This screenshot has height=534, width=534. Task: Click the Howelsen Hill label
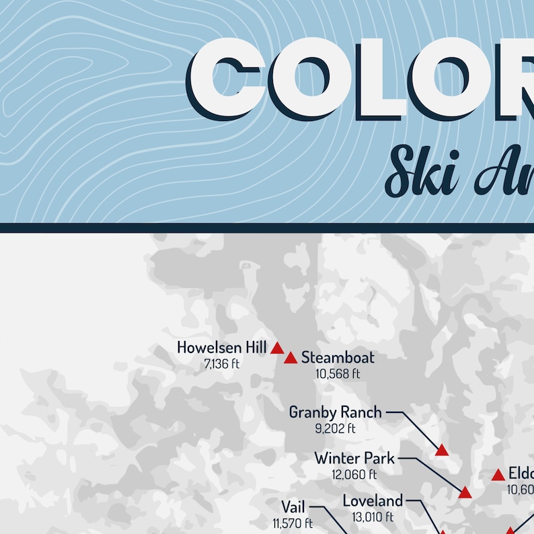point(222,348)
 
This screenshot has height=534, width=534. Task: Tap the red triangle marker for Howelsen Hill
point(277,348)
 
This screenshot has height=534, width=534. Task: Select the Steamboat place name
point(338,357)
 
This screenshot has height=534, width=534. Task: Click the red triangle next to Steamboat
point(291,358)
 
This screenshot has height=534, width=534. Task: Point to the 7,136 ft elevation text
point(222,364)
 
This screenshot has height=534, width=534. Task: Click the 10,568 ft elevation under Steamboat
point(338,374)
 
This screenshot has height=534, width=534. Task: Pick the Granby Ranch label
point(335,412)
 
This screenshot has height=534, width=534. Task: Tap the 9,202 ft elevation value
point(335,428)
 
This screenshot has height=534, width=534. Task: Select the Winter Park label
point(354,459)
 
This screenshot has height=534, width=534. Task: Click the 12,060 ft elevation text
point(354,475)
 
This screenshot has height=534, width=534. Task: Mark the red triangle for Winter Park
point(465,494)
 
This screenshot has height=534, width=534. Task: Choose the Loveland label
point(373,500)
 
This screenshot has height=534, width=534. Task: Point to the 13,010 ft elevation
point(373,517)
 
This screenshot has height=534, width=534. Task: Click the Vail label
point(293,506)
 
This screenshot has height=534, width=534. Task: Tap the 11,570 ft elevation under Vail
point(293,523)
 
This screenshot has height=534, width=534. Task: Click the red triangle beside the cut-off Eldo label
point(498,475)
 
